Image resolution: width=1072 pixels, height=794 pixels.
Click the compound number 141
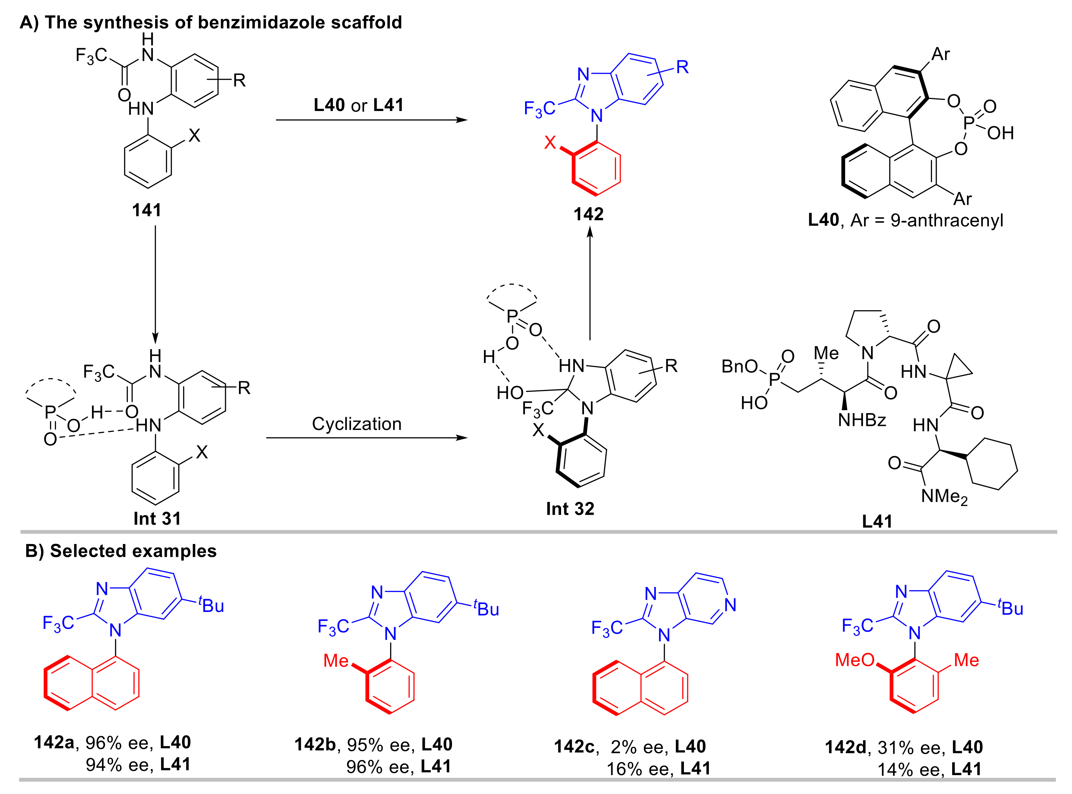147,210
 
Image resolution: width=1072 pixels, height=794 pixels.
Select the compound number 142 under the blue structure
588,214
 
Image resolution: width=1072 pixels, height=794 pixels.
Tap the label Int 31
157,518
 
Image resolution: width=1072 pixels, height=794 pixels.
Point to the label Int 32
570,508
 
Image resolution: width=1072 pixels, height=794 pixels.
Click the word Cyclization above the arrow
357,424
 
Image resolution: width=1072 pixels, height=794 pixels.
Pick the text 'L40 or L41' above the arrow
358,105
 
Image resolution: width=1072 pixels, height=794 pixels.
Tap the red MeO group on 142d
855,660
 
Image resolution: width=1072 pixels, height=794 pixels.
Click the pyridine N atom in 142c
730,605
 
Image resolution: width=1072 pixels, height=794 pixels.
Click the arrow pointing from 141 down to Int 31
155,284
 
